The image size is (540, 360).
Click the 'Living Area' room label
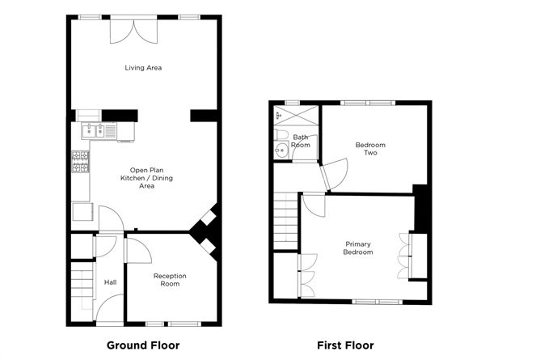(143, 68)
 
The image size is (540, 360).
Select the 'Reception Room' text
(170, 280)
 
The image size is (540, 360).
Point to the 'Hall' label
(110, 282)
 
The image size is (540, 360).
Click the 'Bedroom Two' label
(370, 149)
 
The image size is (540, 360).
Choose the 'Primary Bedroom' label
(359, 248)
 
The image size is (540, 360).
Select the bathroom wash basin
(282, 150)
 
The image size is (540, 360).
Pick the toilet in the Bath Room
(281, 133)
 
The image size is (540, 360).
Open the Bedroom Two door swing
(334, 172)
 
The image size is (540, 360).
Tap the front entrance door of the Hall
(108, 307)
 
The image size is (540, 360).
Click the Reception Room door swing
(137, 248)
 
